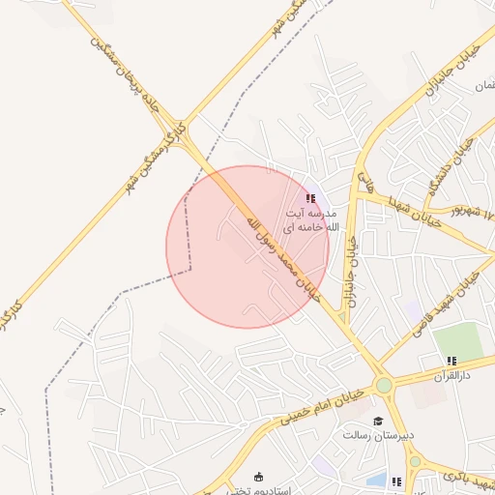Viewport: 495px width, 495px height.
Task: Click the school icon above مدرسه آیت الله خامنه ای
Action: coord(309,198)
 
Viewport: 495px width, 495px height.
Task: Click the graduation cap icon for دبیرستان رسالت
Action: coord(379,421)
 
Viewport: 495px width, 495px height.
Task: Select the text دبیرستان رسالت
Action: coord(378,435)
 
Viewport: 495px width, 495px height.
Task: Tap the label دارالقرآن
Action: coord(449,373)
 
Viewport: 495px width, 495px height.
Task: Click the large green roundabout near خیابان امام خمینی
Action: coord(384,385)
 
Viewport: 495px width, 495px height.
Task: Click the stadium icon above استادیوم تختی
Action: coord(257,477)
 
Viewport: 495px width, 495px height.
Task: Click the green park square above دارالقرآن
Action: coord(456,340)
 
